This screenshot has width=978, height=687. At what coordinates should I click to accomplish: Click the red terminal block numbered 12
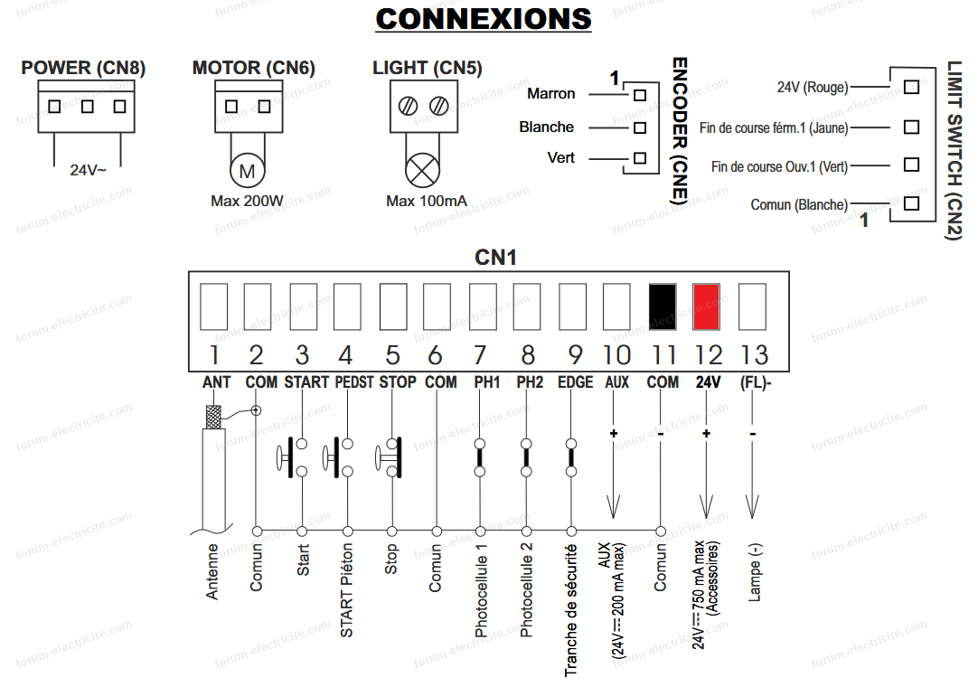pyautogui.click(x=706, y=306)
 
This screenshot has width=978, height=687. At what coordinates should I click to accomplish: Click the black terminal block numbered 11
pyautogui.click(x=663, y=306)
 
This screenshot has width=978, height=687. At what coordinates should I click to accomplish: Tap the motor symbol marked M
pyautogui.click(x=247, y=171)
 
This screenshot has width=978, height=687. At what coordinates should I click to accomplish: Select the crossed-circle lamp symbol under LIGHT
pyautogui.click(x=422, y=170)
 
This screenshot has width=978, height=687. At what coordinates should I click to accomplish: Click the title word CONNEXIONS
pyautogui.click(x=484, y=19)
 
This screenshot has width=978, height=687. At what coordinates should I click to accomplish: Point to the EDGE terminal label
pyautogui.click(x=575, y=381)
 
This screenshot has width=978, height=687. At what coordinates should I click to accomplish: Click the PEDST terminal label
pyautogui.click(x=354, y=381)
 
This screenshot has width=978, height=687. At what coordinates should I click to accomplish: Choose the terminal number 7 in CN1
pyautogui.click(x=480, y=355)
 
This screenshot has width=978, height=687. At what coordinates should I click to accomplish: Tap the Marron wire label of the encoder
pyautogui.click(x=550, y=94)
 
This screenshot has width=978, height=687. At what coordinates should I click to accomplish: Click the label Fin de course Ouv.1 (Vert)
pyautogui.click(x=779, y=166)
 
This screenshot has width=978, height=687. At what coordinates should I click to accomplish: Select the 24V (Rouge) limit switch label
pyautogui.click(x=813, y=88)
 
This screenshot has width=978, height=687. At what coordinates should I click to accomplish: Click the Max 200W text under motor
pyautogui.click(x=247, y=201)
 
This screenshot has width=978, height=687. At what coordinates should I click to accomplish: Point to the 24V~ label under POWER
pyautogui.click(x=88, y=170)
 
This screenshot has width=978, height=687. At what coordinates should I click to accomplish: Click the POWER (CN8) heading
pyautogui.click(x=83, y=68)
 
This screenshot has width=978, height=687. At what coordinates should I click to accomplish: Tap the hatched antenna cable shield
pyautogui.click(x=213, y=417)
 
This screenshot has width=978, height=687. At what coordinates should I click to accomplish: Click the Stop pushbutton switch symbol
pyautogui.click(x=389, y=458)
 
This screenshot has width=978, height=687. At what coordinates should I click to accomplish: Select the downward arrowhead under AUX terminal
pyautogui.click(x=613, y=507)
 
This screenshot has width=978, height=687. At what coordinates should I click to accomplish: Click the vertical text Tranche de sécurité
pyautogui.click(x=570, y=610)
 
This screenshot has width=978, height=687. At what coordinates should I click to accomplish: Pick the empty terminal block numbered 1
pyautogui.click(x=213, y=306)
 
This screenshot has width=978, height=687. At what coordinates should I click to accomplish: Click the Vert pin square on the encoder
pyautogui.click(x=640, y=158)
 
